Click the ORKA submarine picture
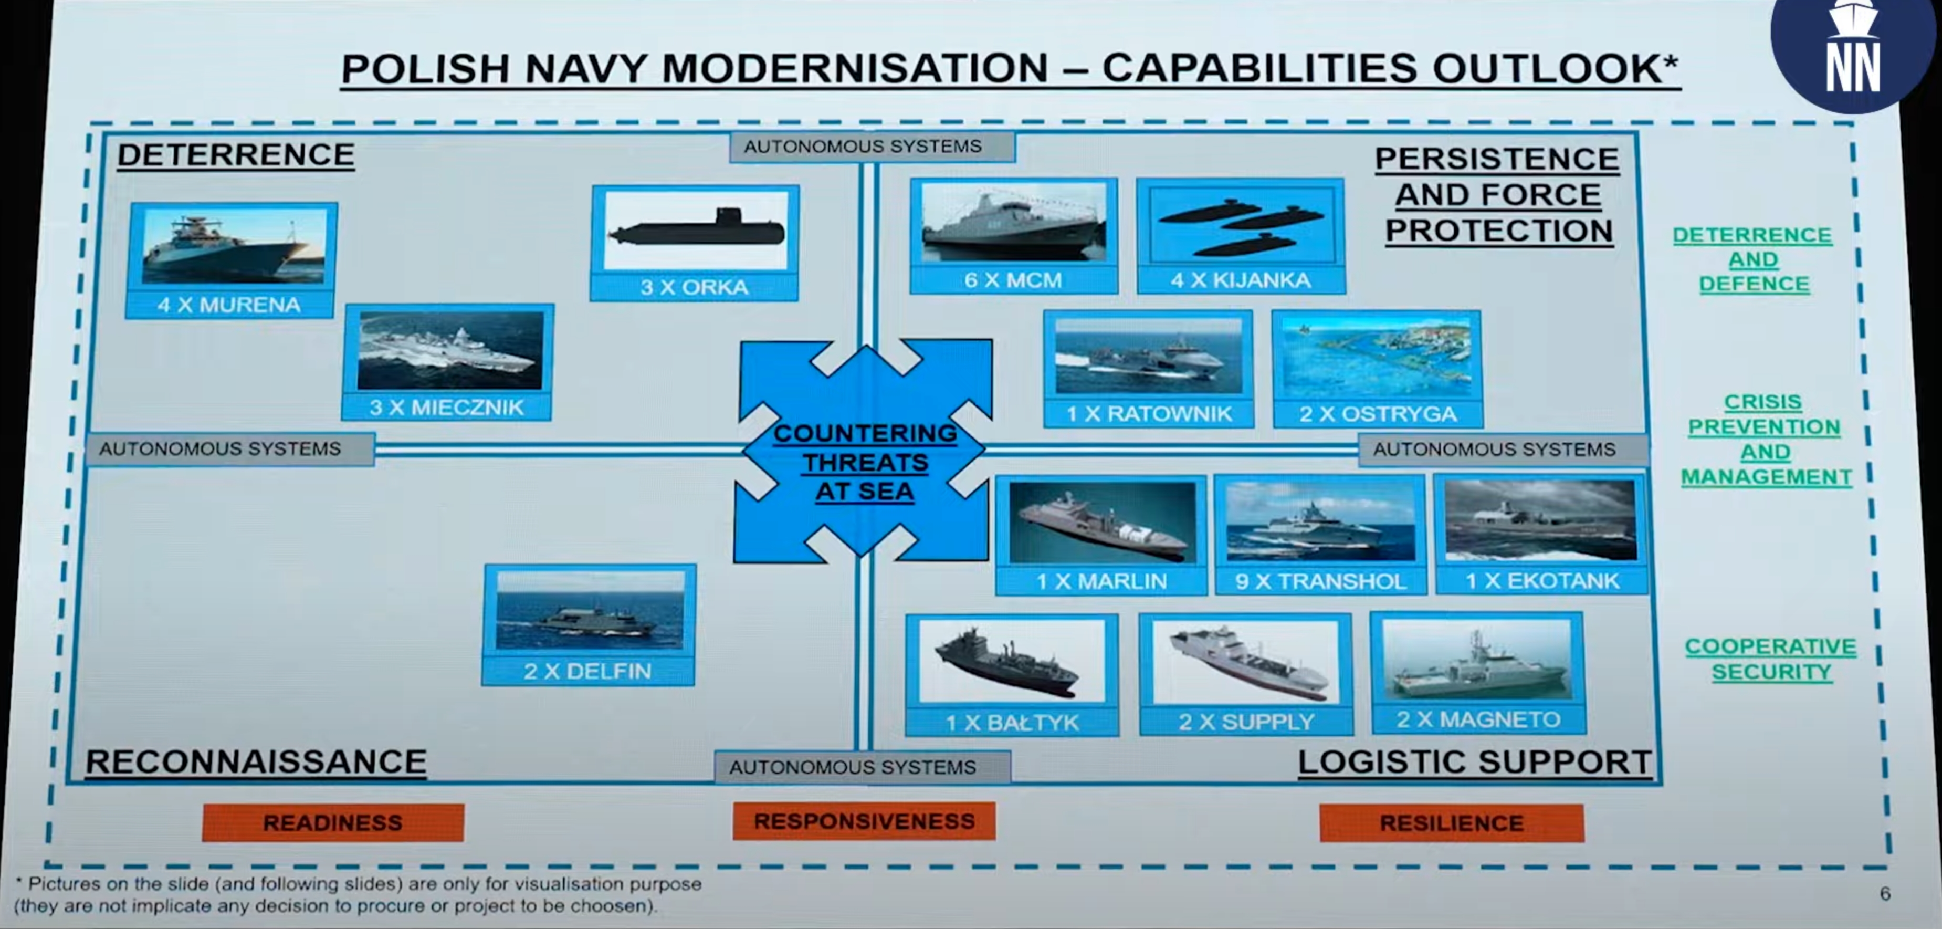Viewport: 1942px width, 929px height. tap(695, 230)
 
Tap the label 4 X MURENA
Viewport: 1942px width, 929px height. tap(229, 305)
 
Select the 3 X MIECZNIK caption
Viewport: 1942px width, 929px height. tap(446, 407)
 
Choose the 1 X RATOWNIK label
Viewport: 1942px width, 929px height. tap(1148, 413)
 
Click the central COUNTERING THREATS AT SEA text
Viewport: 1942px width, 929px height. tap(865, 462)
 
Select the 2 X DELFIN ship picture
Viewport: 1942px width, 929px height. tap(590, 610)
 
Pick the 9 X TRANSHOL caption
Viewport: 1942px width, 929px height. tap(1320, 581)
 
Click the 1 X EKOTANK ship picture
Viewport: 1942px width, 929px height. tap(1540, 520)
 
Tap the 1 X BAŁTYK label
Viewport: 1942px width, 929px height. tap(1012, 723)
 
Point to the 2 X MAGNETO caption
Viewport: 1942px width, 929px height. tap(1477, 719)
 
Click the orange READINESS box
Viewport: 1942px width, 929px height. tap(332, 822)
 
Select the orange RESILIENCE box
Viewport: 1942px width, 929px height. tap(1451, 823)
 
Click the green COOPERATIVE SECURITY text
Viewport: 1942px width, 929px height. tap(1771, 659)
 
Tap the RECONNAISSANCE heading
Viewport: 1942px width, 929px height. tap(256, 761)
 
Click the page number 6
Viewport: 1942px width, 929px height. tap(1885, 894)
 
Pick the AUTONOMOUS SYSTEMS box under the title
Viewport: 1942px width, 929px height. tap(863, 147)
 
